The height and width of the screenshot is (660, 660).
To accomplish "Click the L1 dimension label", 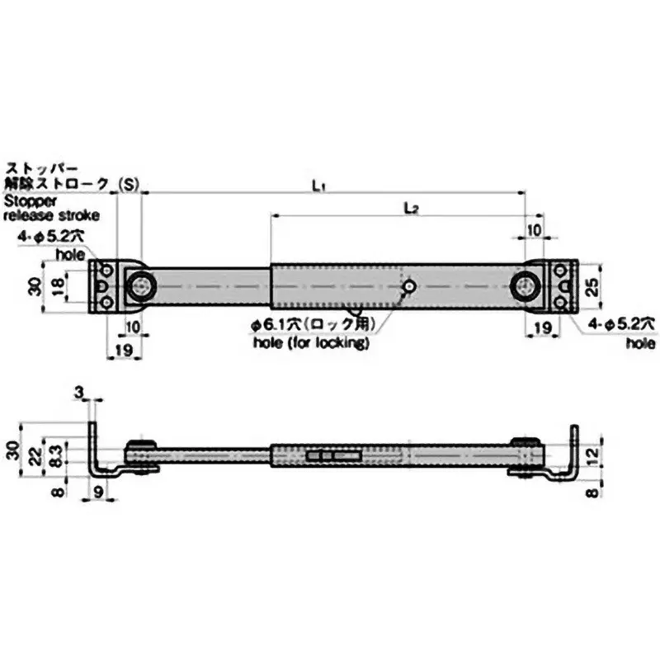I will [318, 186].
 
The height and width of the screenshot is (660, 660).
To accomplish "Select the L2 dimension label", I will [412, 210].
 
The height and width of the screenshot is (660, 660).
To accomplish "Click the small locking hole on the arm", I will [409, 286].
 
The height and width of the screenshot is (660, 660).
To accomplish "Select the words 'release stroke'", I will [52, 215].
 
